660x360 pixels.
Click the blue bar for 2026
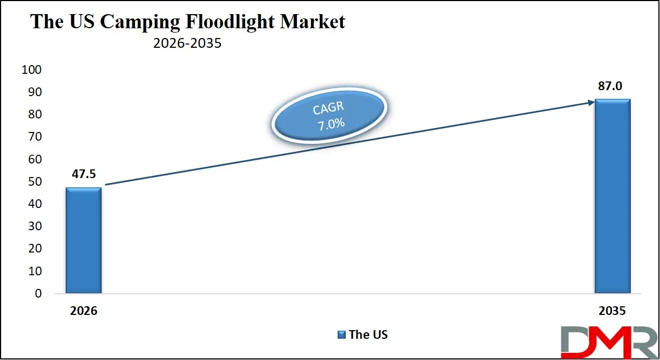pos(83,241)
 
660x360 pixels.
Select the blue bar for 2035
pos(612,197)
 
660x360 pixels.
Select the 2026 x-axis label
pos(83,312)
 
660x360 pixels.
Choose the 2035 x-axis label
pos(612,312)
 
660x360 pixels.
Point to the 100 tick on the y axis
pos(31,70)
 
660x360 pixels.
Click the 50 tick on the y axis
pos(34,182)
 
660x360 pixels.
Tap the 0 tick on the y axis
pos(37,294)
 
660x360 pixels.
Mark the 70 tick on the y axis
pos(34,137)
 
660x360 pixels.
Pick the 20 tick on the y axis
pos(34,249)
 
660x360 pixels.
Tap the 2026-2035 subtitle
pos(187,43)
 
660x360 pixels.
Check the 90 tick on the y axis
pos(34,92)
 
